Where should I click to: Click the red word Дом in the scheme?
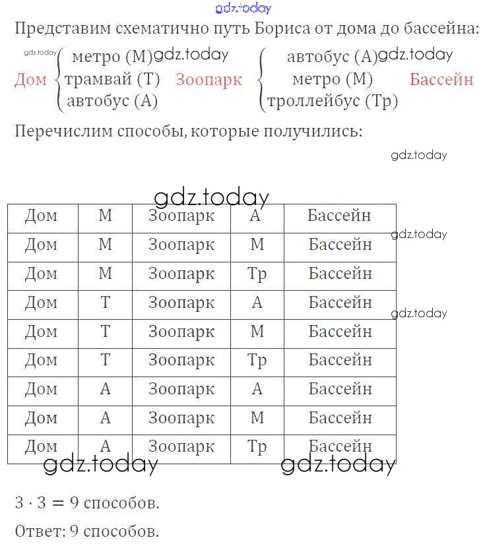[30, 80]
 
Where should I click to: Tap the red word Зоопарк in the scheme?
[209, 80]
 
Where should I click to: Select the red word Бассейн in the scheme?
[441, 80]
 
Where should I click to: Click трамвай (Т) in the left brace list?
[112, 80]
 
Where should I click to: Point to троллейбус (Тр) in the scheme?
[332, 101]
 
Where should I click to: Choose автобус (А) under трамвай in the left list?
[112, 101]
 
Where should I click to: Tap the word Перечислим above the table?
[58, 130]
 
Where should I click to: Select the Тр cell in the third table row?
[257, 273]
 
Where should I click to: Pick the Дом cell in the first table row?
[41, 215]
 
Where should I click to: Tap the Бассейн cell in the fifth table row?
[340, 331]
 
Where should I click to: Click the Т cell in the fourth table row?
[105, 302]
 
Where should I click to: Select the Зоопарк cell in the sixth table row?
[181, 360]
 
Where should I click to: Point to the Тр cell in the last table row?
[257, 447]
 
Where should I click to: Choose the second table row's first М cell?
[105, 244]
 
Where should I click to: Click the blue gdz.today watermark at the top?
[243, 8]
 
